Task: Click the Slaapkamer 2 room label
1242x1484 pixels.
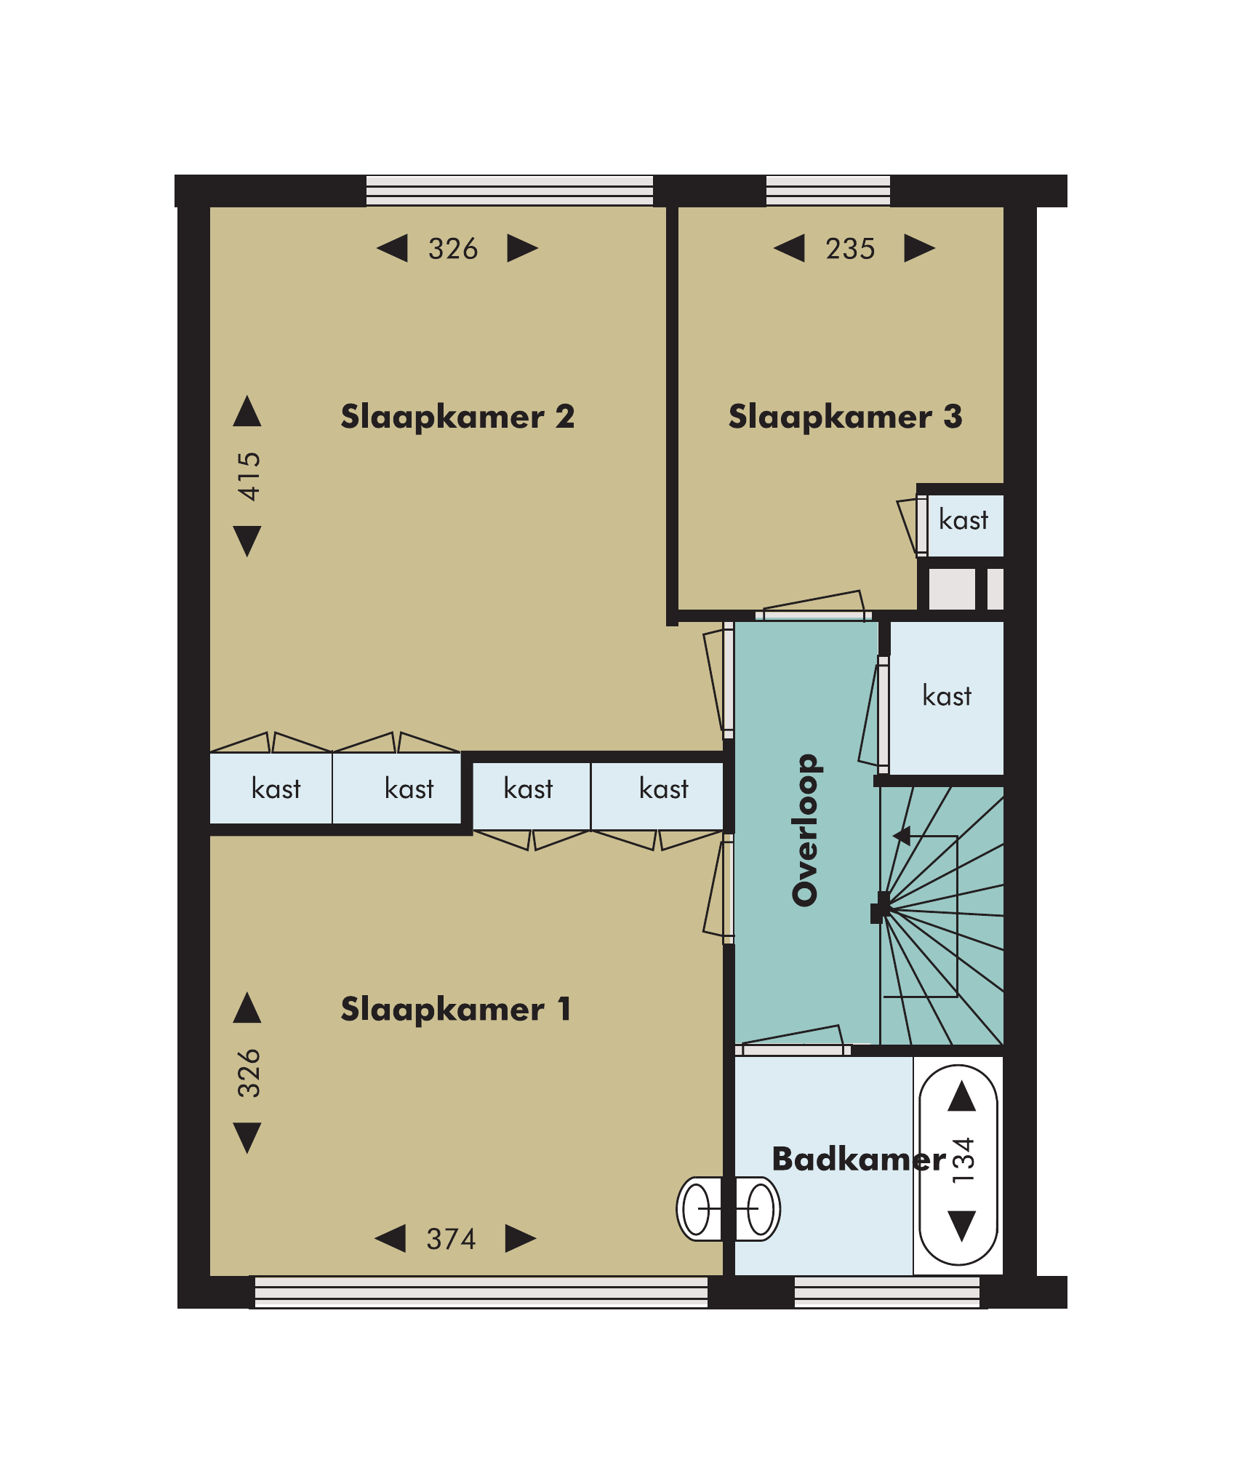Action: tap(457, 417)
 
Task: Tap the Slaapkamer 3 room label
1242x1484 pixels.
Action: tap(845, 417)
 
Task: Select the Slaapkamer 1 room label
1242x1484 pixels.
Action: tap(456, 1009)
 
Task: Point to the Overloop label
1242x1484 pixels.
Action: tap(806, 830)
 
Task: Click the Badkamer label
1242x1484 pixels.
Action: tap(859, 1159)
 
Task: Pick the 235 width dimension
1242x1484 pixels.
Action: tap(850, 249)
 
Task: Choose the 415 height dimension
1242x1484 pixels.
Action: tap(249, 476)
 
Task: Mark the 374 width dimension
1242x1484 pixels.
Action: tap(451, 1239)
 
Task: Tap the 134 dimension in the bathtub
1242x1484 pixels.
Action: tap(963, 1160)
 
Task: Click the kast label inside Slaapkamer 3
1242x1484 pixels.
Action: tap(963, 520)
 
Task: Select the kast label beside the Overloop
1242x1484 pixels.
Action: tap(947, 696)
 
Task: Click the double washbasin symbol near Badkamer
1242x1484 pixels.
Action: tap(729, 1208)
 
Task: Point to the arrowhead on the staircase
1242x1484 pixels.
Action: tap(902, 836)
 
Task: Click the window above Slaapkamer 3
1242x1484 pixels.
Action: tap(828, 191)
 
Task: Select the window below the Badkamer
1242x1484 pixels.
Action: tap(887, 1293)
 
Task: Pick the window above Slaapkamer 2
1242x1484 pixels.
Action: tap(510, 191)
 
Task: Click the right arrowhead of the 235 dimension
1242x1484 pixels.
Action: tap(920, 248)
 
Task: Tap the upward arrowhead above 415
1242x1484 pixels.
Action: tap(247, 411)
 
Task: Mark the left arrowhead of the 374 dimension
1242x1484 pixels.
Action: tap(390, 1238)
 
